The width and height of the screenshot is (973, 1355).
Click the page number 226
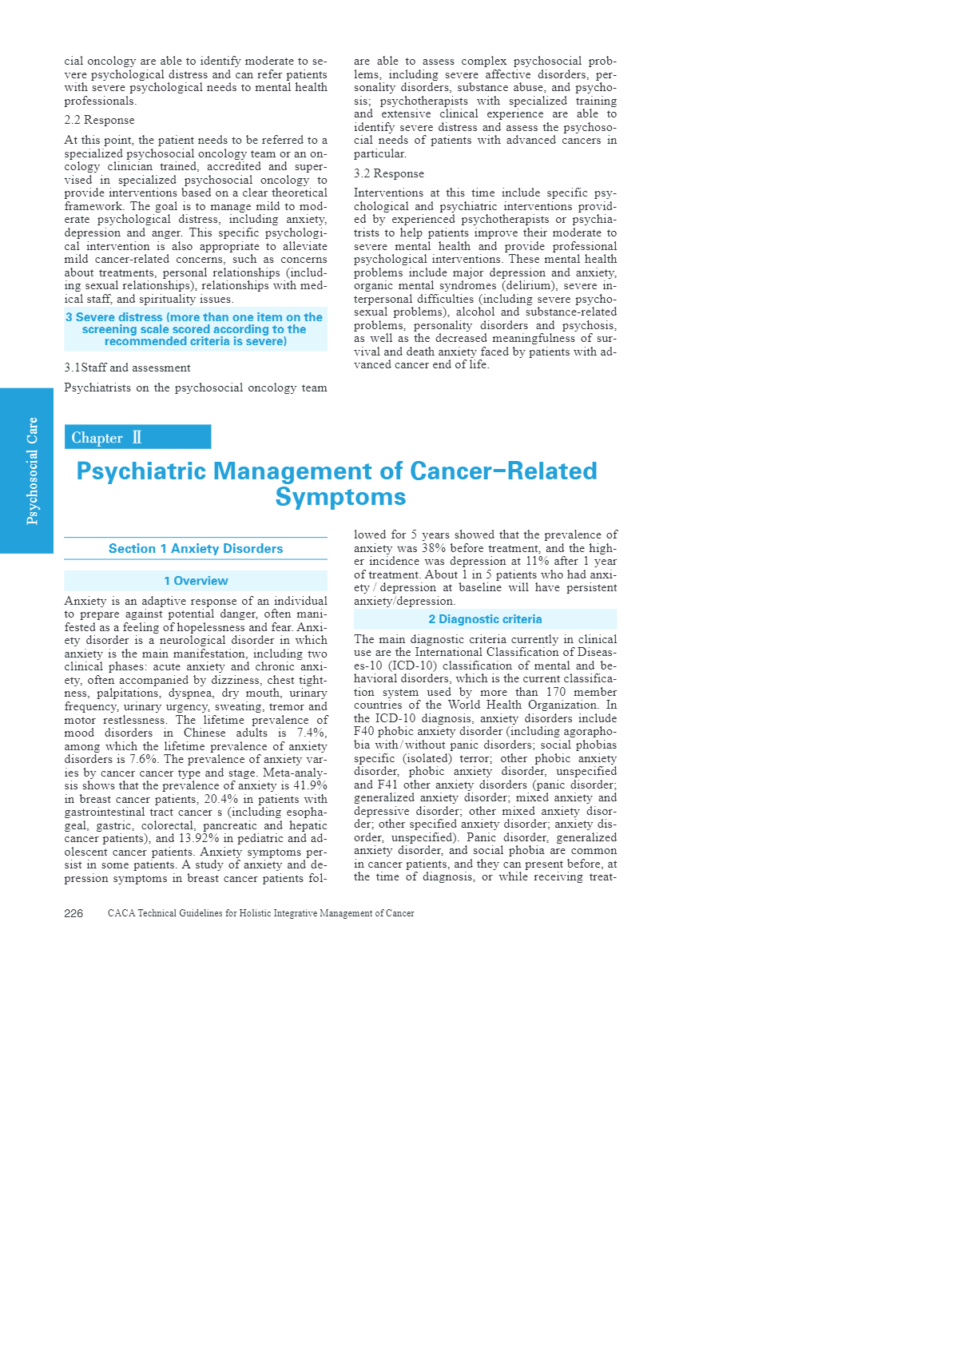pyautogui.click(x=73, y=913)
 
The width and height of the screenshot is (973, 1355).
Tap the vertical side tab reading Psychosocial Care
pyautogui.click(x=27, y=471)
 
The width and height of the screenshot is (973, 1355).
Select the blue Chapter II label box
pyautogui.click(x=137, y=437)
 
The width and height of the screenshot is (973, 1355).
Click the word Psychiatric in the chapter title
pyautogui.click(x=140, y=471)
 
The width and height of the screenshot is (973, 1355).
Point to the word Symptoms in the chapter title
pyautogui.click(x=340, y=497)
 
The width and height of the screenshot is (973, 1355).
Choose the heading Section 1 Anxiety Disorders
pyautogui.click(x=196, y=549)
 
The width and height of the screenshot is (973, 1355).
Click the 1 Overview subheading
pyautogui.click(x=196, y=581)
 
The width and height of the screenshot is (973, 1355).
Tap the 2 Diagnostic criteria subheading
pyautogui.click(x=485, y=619)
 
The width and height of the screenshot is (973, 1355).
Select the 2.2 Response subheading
pyautogui.click(x=99, y=120)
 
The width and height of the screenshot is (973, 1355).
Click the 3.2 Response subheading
pyautogui.click(x=389, y=173)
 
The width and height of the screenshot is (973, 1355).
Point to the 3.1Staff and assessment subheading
pyautogui.click(x=127, y=368)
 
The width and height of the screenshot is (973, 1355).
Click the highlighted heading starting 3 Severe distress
pyautogui.click(x=195, y=329)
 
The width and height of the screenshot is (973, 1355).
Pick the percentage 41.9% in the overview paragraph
pyautogui.click(x=309, y=785)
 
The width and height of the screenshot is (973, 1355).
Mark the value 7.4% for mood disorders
pyautogui.click(x=312, y=733)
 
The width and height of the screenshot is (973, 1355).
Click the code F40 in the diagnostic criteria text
pyautogui.click(x=363, y=731)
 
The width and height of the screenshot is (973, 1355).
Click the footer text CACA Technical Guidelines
pyautogui.click(x=260, y=913)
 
